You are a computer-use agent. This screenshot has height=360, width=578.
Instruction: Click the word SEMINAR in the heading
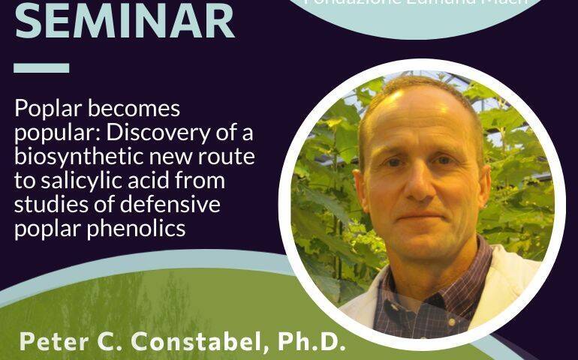(125, 21)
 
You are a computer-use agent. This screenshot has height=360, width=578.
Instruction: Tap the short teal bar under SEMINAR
(41, 67)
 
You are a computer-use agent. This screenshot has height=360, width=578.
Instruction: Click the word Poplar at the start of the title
(44, 109)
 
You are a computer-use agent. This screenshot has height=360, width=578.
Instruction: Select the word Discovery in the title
(170, 133)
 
